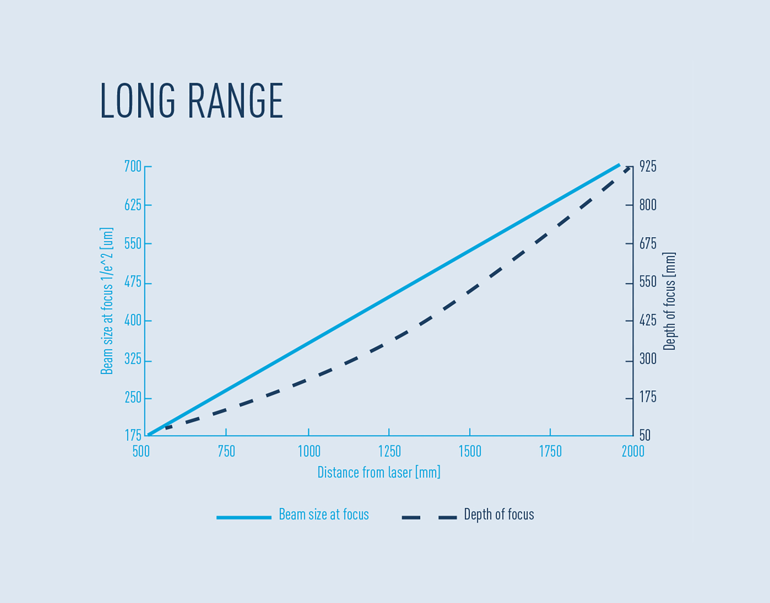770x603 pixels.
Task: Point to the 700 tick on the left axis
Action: [133, 167]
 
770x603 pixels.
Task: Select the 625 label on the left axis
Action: [133, 205]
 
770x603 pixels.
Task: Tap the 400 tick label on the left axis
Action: [133, 321]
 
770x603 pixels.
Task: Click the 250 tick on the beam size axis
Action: [133, 398]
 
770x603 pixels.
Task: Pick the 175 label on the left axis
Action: [133, 435]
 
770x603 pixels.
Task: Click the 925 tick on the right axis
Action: [648, 167]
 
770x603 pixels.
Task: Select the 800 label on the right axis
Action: [648, 205]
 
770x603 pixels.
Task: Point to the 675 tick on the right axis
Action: [648, 244]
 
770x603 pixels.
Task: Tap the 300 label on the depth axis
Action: [648, 359]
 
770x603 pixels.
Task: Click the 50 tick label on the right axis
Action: [645, 435]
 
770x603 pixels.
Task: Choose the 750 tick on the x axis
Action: [226, 452]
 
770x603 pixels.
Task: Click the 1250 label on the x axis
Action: [389, 452]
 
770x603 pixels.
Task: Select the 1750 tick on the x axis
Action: [550, 452]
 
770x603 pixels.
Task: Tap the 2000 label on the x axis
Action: [633, 452]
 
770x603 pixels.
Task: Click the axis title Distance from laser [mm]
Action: [379, 472]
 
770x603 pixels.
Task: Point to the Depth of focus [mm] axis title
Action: [669, 301]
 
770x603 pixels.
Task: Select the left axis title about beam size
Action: [107, 301]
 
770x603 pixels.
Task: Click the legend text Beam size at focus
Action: [324, 515]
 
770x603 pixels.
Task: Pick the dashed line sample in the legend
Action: [429, 518]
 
